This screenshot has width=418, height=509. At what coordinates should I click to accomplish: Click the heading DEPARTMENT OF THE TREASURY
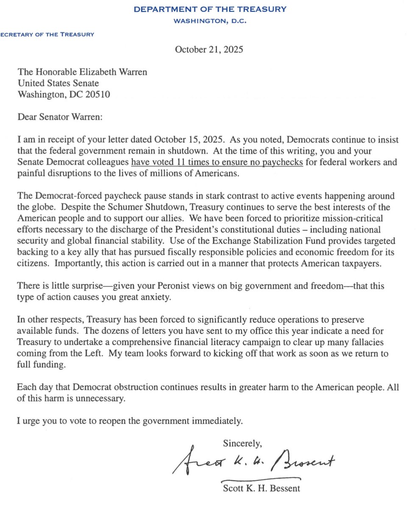[209, 9]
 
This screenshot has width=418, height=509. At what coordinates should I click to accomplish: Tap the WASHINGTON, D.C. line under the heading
[209, 21]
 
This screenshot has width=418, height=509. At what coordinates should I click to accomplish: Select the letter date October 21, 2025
[209, 50]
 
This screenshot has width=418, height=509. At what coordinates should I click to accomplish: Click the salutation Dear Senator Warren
[60, 117]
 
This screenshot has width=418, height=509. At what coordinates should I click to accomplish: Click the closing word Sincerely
[242, 444]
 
